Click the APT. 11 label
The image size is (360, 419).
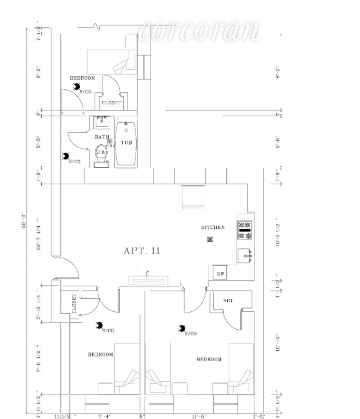tap(142, 250)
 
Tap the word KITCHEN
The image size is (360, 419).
tap(213, 227)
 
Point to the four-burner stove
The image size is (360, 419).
tap(244, 230)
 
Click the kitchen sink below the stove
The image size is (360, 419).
tap(244, 255)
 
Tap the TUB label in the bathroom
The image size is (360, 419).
tap(126, 143)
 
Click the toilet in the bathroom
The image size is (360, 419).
tap(101, 155)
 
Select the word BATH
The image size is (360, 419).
tap(102, 136)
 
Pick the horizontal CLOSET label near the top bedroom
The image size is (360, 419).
tap(112, 103)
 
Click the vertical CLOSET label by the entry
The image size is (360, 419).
tap(75, 303)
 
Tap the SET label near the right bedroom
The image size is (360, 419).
tap(228, 300)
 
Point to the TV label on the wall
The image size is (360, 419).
tap(147, 273)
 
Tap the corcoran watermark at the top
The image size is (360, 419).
tap(199, 31)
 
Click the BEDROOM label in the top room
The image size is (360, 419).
tap(82, 78)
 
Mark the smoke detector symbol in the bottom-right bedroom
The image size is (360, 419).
tap(182, 328)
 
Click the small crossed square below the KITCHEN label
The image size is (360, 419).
tap(210, 239)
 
